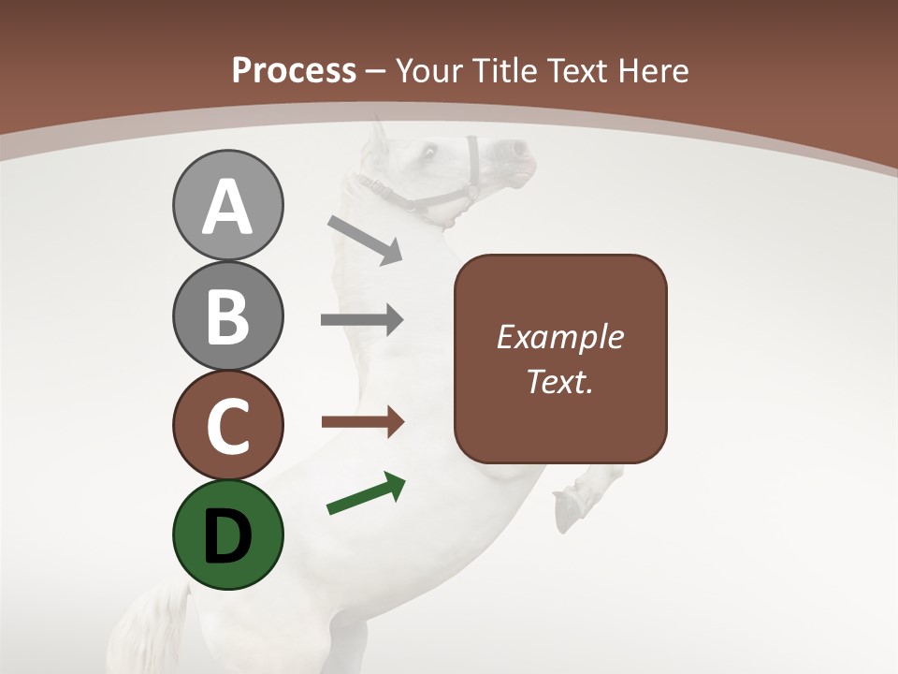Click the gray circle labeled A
(227, 206)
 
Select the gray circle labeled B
(227, 315)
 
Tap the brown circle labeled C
(227, 425)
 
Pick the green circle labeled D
(227, 535)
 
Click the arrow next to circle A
(365, 239)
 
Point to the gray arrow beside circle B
(362, 320)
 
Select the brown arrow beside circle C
(362, 422)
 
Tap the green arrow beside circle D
(367, 495)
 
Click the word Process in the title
(294, 70)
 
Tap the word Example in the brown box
(559, 338)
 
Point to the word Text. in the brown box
(559, 381)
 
